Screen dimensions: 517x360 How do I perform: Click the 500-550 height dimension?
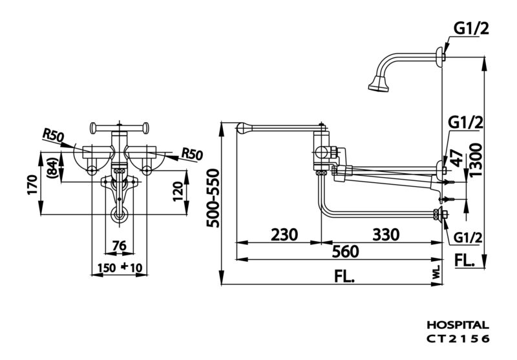tap(213, 198)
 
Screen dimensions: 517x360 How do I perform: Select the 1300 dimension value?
tap(476, 160)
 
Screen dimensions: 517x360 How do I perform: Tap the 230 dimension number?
tap(284, 235)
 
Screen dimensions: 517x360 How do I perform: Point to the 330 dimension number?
tap(386, 235)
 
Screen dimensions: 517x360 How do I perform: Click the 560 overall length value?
tap(345, 252)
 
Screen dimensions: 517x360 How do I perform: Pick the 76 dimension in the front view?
tap(120, 246)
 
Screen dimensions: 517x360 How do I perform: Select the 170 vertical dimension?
tap(33, 185)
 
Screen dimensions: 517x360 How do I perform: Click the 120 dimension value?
tap(178, 191)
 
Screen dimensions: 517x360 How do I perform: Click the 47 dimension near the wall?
tap(458, 158)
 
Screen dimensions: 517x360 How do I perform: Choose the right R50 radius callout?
tap(192, 154)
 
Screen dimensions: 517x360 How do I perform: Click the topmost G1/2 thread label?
tap(471, 29)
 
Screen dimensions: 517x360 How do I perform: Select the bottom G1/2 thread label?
tap(468, 237)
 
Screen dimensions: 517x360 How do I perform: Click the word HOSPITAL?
tap(458, 325)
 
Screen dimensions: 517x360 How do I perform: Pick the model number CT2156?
tap(458, 339)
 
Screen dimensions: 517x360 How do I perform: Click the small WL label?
tap(437, 273)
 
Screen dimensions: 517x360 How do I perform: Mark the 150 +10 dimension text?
tap(120, 268)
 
